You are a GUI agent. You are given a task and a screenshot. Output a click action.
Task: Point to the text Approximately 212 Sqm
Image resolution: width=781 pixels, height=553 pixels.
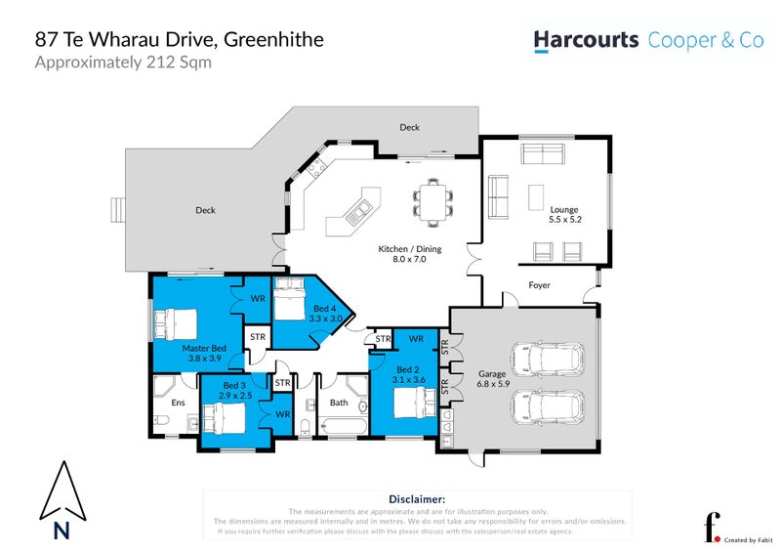[x=123, y=63]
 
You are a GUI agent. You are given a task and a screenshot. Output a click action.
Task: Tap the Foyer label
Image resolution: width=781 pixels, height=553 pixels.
[x=539, y=286]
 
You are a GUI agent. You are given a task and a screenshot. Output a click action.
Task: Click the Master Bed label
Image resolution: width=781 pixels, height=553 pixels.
[x=204, y=353]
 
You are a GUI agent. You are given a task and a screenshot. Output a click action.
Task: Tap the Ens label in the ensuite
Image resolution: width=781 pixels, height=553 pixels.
[x=178, y=403]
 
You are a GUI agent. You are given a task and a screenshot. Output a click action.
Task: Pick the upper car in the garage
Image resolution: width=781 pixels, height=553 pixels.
[x=554, y=358]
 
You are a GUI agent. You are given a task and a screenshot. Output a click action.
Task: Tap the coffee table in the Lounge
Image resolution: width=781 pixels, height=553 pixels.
[x=536, y=197]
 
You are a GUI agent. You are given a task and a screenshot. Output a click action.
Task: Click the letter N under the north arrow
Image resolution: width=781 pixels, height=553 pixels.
[x=62, y=532]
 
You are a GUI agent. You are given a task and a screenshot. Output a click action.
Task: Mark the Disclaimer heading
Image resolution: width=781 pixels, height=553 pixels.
[x=417, y=499]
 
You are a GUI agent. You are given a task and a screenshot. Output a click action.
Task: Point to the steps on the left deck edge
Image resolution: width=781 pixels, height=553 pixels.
[x=118, y=208]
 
